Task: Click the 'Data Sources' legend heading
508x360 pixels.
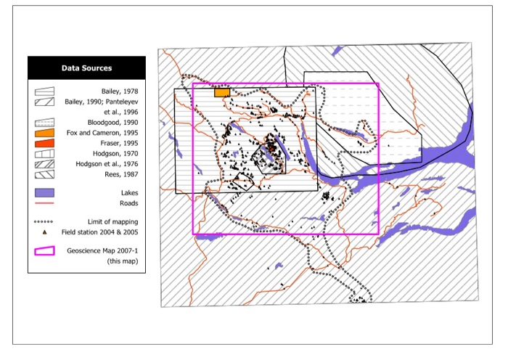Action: point(86,68)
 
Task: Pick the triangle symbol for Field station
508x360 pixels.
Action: point(45,232)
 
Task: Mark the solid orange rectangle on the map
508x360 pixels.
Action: point(221,93)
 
